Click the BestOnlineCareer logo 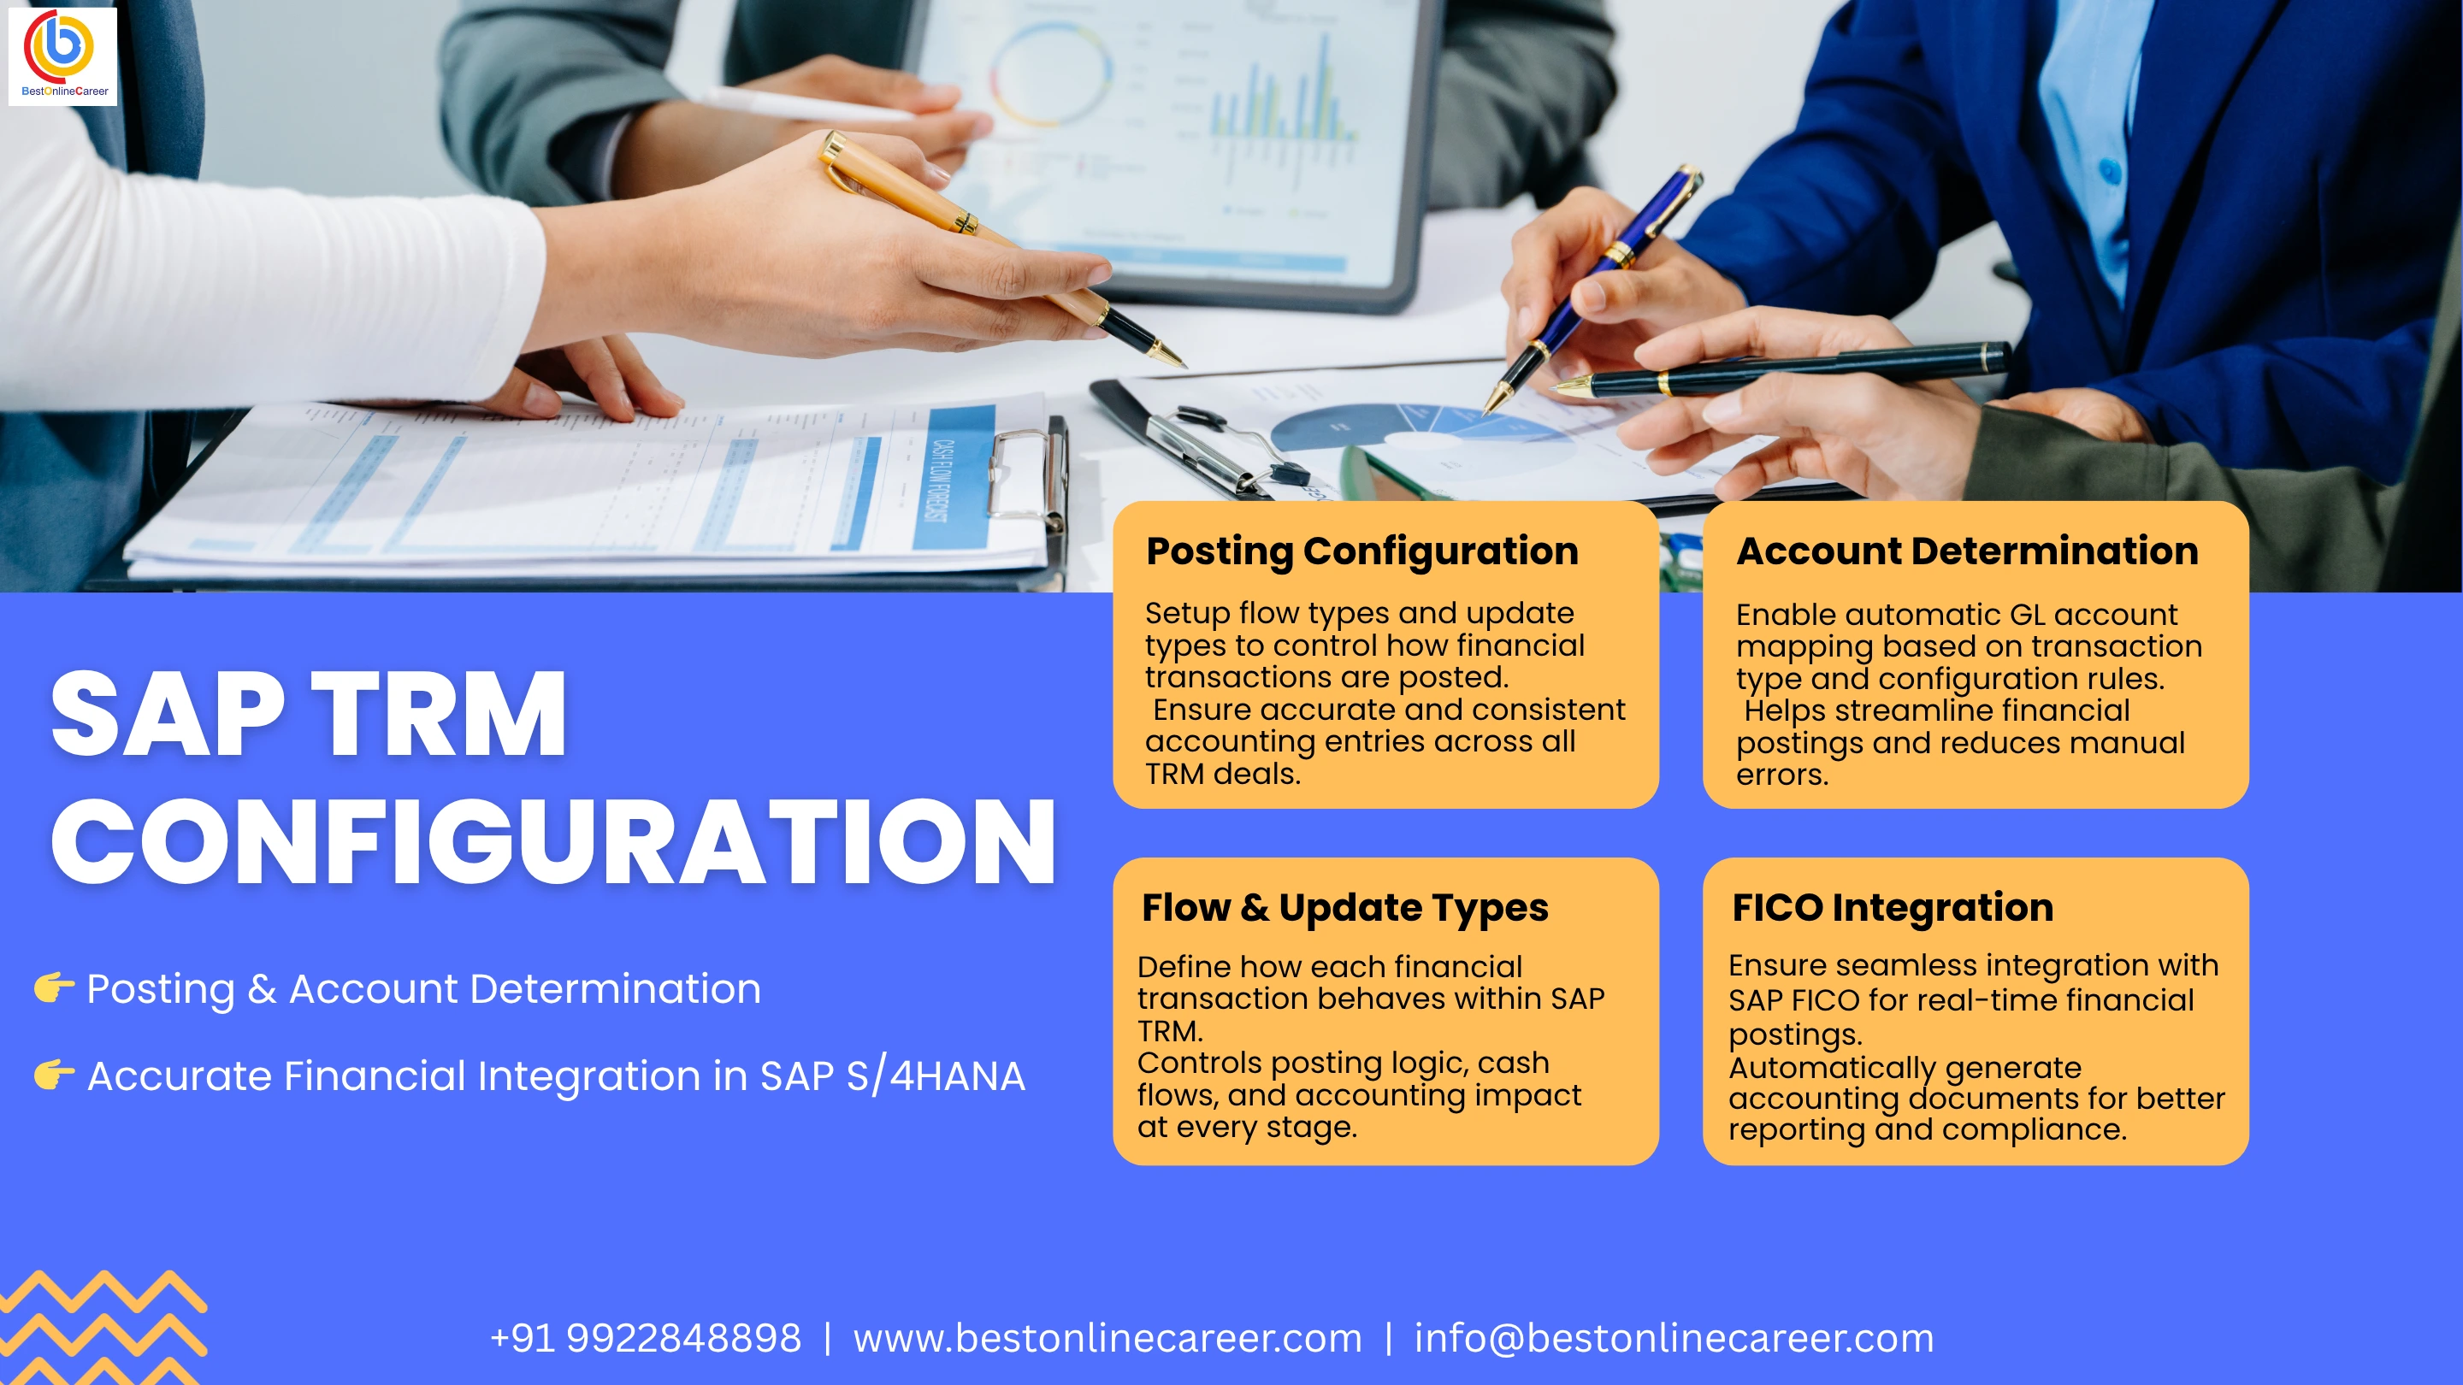pos(62,56)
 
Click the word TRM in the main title pos(440,713)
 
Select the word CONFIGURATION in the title pos(553,841)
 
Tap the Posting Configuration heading pos(1361,551)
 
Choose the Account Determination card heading pos(1967,551)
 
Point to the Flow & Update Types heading pos(1344,908)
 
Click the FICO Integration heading pos(1893,907)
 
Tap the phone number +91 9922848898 pos(646,1338)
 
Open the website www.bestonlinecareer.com pos(1107,1338)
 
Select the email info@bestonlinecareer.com pos(1674,1338)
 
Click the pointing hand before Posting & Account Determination pos(54,987)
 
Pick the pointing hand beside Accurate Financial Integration pos(54,1074)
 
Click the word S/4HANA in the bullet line pos(935,1076)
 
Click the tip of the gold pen pos(1184,366)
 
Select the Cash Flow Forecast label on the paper pos(941,480)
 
